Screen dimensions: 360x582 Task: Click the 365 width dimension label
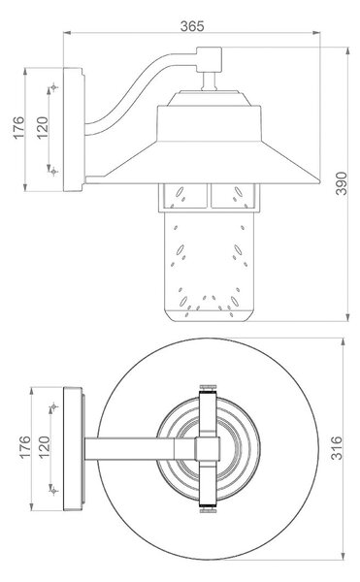pyautogui.click(x=192, y=26)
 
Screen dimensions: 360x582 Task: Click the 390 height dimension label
pyautogui.click(x=341, y=183)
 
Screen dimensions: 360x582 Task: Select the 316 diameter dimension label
pyautogui.click(x=337, y=448)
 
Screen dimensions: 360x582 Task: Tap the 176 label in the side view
pyautogui.click(x=19, y=128)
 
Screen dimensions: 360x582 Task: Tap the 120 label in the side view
pyautogui.click(x=43, y=128)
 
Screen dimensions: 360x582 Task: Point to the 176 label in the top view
pyautogui.click(x=25, y=447)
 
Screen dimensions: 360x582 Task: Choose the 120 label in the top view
pyautogui.click(x=45, y=447)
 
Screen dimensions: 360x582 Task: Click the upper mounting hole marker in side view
pyautogui.click(x=54, y=87)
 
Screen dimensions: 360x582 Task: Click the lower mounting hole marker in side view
pyautogui.click(x=54, y=171)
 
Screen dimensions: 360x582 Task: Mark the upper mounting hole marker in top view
pyautogui.click(x=54, y=407)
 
